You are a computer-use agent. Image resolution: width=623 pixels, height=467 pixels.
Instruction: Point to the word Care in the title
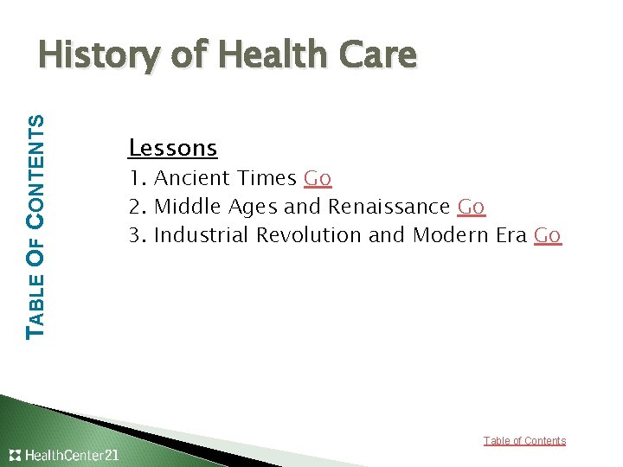[382, 55]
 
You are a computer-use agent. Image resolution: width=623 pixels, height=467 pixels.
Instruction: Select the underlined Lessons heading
[172, 148]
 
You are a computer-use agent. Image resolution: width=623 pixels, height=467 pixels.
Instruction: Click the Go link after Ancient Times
[318, 178]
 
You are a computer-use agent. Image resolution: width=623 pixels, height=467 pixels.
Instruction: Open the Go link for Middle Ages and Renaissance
[471, 207]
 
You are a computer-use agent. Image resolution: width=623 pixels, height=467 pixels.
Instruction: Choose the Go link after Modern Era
[548, 235]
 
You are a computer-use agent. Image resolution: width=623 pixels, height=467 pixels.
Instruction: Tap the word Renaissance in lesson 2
[389, 207]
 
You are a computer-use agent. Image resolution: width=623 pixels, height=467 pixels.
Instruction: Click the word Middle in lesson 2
[188, 207]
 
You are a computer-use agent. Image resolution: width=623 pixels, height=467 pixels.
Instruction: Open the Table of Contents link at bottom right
[524, 441]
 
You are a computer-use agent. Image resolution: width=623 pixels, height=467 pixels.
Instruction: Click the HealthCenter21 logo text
[73, 455]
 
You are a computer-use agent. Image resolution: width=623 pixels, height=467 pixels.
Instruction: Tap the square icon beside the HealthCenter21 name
[16, 455]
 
